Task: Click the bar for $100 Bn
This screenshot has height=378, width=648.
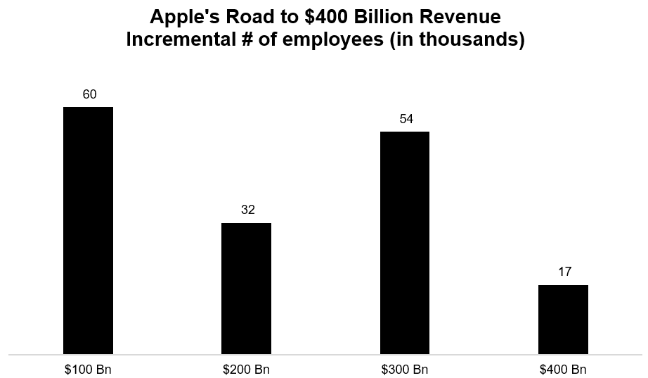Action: (88, 230)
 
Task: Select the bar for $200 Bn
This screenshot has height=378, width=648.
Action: (246, 288)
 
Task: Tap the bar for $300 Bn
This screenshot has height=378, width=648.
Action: (405, 242)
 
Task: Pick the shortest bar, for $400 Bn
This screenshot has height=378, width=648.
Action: (563, 319)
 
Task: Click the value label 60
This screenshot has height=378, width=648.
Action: (89, 94)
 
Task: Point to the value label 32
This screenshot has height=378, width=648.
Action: (247, 210)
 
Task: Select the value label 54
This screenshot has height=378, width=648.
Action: (406, 118)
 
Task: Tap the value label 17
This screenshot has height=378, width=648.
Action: (564, 272)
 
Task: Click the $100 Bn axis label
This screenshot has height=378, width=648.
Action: (88, 369)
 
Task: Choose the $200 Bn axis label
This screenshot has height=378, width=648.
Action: (246, 369)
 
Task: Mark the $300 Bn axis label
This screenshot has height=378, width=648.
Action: (405, 369)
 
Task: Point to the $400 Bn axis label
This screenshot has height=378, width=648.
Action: (563, 369)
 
